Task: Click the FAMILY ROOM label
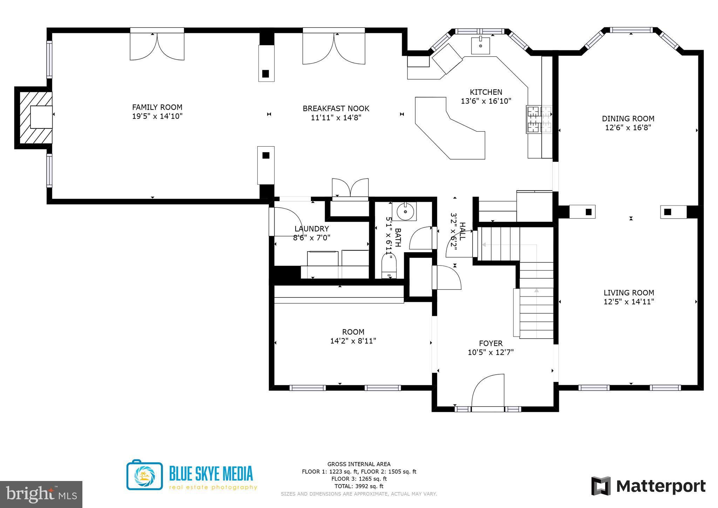coord(157,107)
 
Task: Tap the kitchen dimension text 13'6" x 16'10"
coord(486,101)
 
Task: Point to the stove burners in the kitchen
coord(539,120)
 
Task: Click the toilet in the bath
coord(388,267)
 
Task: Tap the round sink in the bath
coord(406,212)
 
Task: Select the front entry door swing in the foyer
coord(488,392)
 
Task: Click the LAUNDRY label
coord(312,229)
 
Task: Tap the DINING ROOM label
coord(628,119)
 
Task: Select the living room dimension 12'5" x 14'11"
coord(629,302)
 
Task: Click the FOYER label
coord(490,343)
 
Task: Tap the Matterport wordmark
coord(661,486)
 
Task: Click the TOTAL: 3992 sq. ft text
coord(359,486)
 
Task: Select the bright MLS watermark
coord(41,494)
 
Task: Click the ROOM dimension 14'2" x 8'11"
coord(353,341)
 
